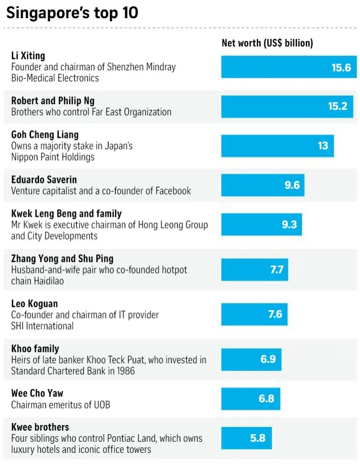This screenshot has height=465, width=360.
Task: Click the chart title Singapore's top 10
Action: (x=72, y=13)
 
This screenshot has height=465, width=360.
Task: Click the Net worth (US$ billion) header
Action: (x=267, y=43)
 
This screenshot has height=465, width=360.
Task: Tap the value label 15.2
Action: (x=338, y=106)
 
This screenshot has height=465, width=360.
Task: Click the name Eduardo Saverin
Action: (x=44, y=179)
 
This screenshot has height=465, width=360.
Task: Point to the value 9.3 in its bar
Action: (x=289, y=224)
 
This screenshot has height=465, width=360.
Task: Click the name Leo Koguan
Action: (x=34, y=304)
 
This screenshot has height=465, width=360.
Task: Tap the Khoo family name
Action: (x=35, y=349)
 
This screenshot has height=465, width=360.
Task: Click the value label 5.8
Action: (x=258, y=438)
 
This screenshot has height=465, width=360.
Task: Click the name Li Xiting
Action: (x=28, y=56)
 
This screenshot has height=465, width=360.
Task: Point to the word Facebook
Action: (x=172, y=191)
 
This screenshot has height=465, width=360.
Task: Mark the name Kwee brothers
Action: (x=40, y=427)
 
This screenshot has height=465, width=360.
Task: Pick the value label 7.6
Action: (x=275, y=314)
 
